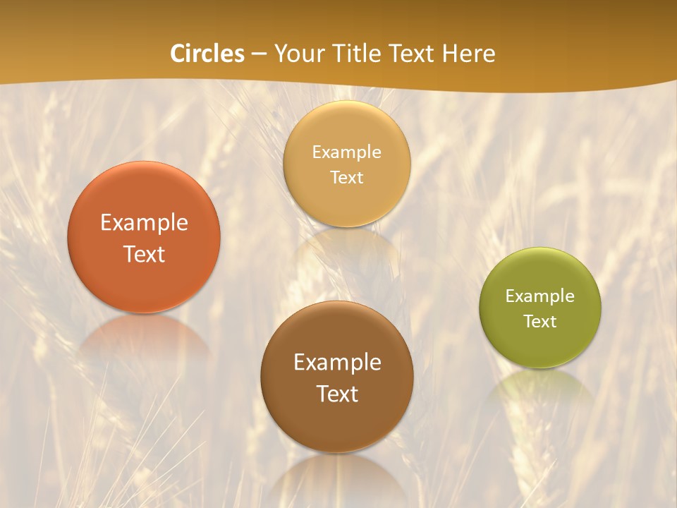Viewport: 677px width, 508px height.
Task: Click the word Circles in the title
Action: [x=207, y=54]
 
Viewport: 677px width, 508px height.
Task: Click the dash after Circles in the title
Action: [x=258, y=54]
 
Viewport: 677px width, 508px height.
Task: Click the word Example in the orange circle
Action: [x=144, y=223]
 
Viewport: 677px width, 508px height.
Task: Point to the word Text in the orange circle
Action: [x=144, y=254]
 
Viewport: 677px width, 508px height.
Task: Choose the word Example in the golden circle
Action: [x=347, y=152]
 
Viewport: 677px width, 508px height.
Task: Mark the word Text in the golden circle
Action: [x=347, y=177]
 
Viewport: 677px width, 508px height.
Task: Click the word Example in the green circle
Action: [x=540, y=296]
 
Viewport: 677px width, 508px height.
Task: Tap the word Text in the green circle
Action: [x=540, y=321]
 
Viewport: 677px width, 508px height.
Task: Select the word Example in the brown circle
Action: [x=337, y=362]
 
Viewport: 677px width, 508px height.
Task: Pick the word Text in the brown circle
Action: [x=337, y=394]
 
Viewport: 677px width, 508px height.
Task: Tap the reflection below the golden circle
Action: [x=347, y=247]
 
